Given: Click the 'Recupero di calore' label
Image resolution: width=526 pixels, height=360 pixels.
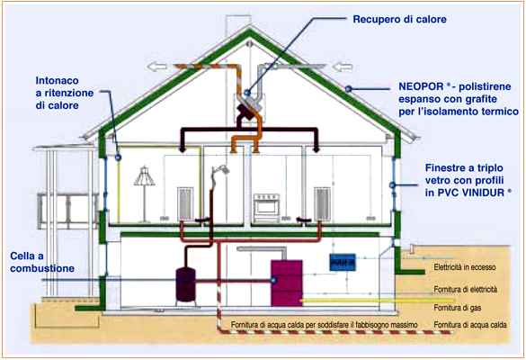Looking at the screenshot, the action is click(x=399, y=20).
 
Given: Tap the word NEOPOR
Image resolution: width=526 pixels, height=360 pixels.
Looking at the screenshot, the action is click(x=421, y=86).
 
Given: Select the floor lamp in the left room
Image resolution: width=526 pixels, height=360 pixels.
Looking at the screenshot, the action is click(x=144, y=193).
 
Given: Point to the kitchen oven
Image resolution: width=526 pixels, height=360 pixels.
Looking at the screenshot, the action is click(x=266, y=208).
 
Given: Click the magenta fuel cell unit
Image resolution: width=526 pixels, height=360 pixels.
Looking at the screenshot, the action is click(x=287, y=283).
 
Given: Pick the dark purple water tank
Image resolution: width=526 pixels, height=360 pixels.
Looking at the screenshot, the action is click(x=186, y=284).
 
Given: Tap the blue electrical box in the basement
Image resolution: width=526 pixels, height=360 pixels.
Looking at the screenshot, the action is click(x=343, y=262).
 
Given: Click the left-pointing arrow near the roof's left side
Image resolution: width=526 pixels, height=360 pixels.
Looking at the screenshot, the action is click(x=157, y=67).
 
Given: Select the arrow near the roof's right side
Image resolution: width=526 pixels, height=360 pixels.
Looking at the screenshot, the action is click(x=343, y=67).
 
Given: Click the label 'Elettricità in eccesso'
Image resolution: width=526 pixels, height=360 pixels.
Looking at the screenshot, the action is click(x=465, y=267).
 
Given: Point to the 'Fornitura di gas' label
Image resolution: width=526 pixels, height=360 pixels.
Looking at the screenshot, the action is click(x=458, y=308).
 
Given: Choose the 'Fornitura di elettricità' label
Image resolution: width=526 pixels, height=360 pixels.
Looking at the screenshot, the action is click(x=466, y=289).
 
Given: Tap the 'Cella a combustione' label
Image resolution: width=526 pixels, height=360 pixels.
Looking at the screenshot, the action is click(x=42, y=262).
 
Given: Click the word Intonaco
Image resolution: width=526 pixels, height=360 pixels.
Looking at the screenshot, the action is click(x=58, y=81).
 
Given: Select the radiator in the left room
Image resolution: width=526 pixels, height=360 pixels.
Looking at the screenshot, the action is click(x=185, y=203).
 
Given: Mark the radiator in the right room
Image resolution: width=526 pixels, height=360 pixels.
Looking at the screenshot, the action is click(x=322, y=203).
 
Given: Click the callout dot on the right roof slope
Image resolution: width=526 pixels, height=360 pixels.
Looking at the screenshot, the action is click(x=349, y=89).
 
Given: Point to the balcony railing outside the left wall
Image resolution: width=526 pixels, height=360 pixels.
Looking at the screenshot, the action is click(x=68, y=208).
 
